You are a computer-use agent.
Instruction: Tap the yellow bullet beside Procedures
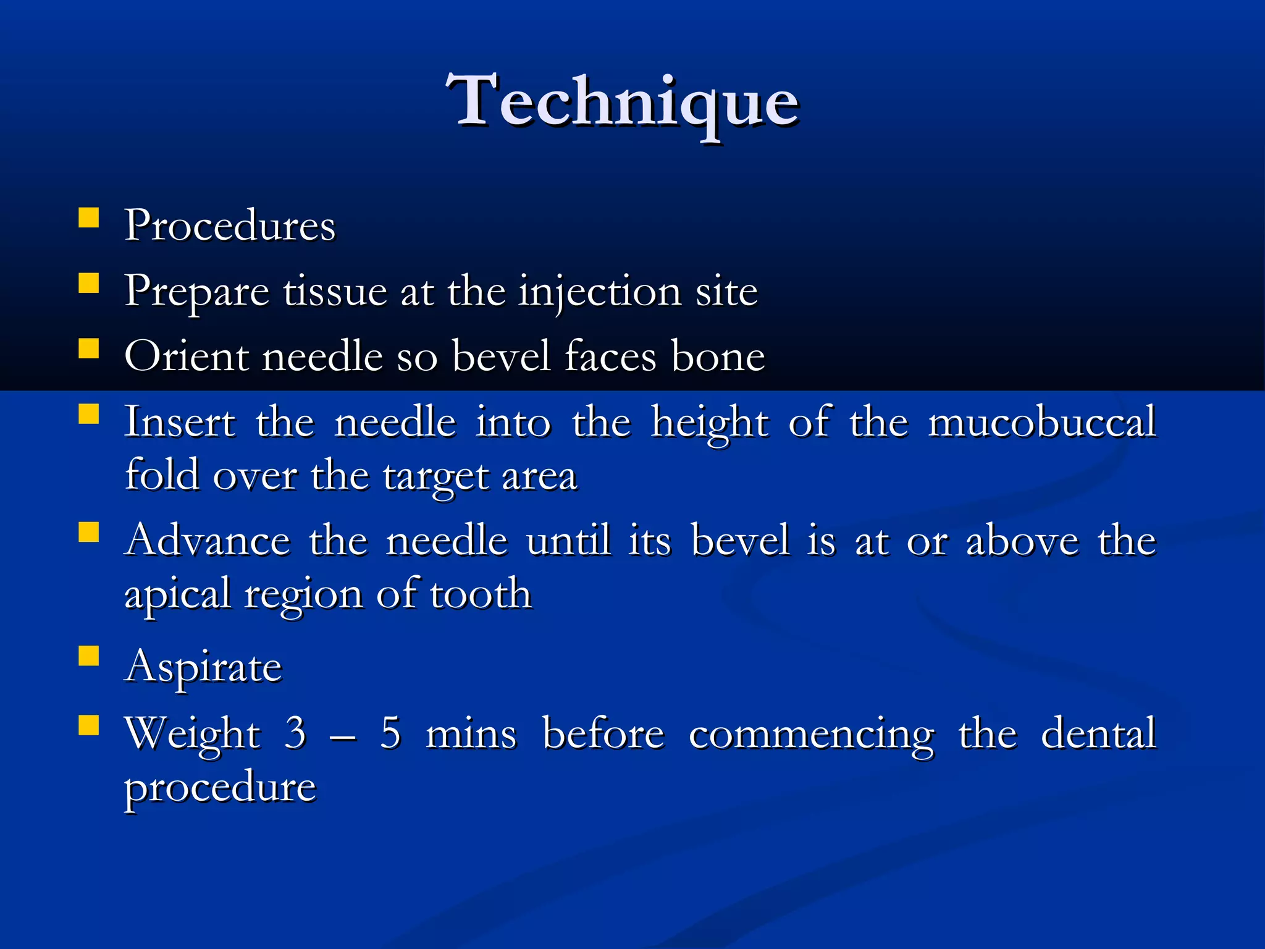pyautogui.click(x=89, y=219)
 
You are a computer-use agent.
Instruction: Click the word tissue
pyautogui.click(x=334, y=292)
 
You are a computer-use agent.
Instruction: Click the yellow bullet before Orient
pyautogui.click(x=89, y=348)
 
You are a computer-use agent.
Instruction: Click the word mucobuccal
pyautogui.click(x=1041, y=423)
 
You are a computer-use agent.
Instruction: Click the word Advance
pyautogui.click(x=208, y=541)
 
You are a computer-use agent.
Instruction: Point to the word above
pyautogui.click(x=1022, y=541)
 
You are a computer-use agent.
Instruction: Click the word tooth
pyautogui.click(x=481, y=594)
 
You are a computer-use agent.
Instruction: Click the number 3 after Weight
pyautogui.click(x=295, y=733)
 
